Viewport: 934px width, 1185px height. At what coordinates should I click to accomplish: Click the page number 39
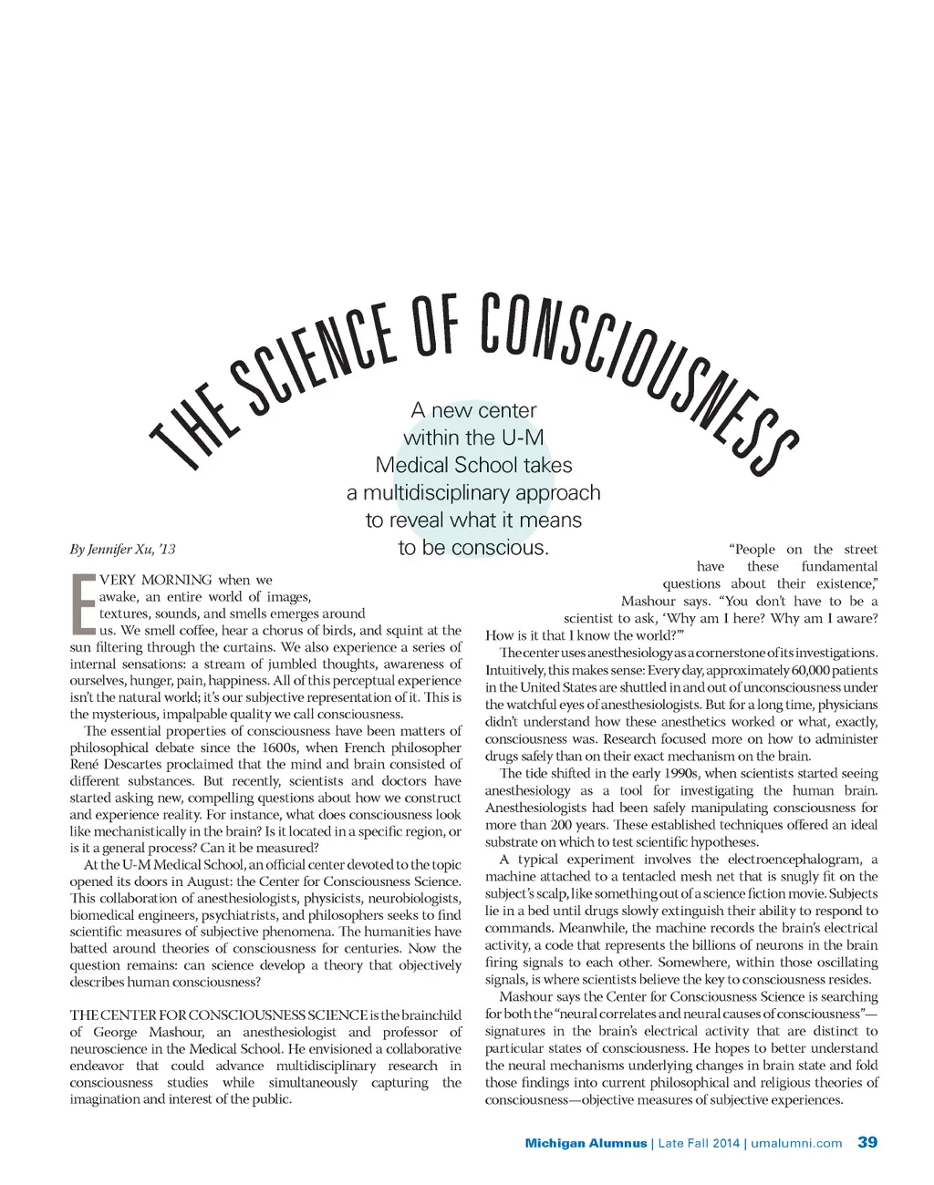pos(867,1142)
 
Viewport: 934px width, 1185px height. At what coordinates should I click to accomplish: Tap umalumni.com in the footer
pos(796,1143)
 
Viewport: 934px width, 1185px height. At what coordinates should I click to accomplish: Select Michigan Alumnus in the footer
pos(586,1143)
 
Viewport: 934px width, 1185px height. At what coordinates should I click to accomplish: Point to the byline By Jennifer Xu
pos(122,549)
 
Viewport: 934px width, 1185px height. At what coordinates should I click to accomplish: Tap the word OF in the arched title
pos(435,325)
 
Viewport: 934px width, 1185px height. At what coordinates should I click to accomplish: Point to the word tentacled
pos(647,876)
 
